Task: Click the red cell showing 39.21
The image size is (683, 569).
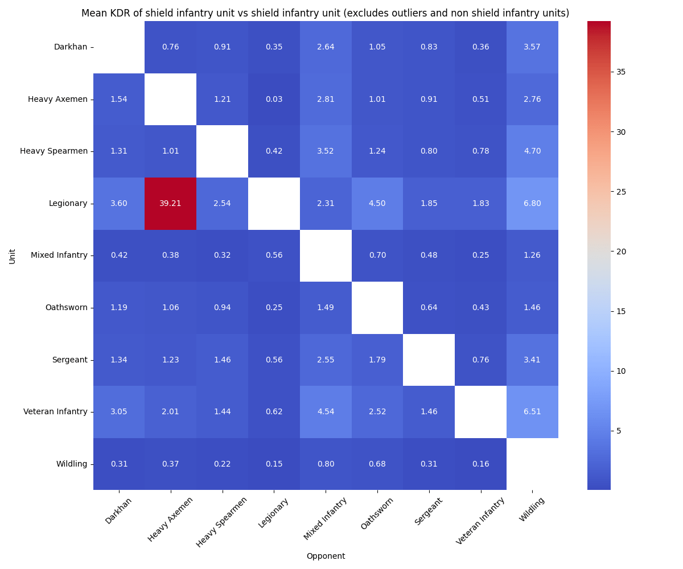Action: tap(170, 203)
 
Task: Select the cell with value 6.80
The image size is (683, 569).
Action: tap(532, 203)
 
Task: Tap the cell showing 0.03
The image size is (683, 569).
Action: tap(274, 99)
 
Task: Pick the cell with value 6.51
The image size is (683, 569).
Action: tap(532, 411)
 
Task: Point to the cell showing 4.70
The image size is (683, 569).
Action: tap(532, 151)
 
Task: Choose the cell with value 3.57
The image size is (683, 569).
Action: tap(532, 47)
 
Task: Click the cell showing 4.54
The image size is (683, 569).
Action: tap(326, 411)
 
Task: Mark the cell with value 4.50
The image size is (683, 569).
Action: tap(377, 203)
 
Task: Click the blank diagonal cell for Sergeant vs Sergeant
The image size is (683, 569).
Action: tap(429, 360)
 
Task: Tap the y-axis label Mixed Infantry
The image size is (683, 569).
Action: tap(59, 255)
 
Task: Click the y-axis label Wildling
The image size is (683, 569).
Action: tap(71, 464)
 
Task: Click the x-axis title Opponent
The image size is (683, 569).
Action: tap(326, 556)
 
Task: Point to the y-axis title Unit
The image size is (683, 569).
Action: tap(13, 255)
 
